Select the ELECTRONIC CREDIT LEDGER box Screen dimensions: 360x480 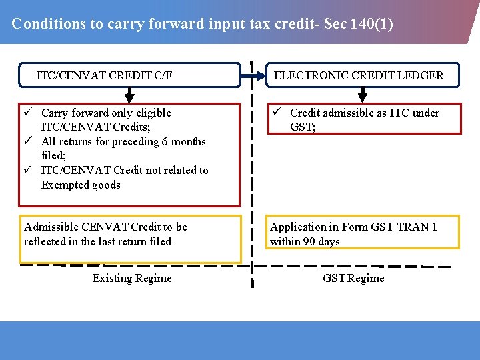[x=359, y=75]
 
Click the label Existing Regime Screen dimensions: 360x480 [x=132, y=278]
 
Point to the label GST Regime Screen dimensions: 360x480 [x=353, y=278]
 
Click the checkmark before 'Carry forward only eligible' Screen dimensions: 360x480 [x=29, y=113]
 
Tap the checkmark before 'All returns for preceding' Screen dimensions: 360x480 [x=29, y=141]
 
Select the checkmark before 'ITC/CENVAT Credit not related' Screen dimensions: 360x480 [x=29, y=170]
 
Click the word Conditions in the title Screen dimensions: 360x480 [x=49, y=24]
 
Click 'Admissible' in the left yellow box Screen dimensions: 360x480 [x=51, y=227]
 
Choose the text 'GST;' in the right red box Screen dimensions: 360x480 [x=303, y=127]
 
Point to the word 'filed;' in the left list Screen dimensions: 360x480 [x=53, y=155]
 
